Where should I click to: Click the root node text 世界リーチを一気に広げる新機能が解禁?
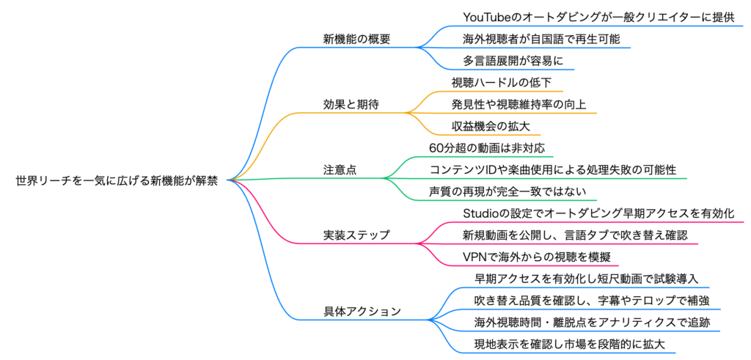[117, 180]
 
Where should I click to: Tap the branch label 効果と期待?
[351, 103]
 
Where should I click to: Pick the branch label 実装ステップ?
[356, 235]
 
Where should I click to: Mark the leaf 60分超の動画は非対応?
[486, 147]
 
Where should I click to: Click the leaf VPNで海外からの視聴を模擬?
[536, 257]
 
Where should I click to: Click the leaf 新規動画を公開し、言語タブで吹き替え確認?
[575, 235]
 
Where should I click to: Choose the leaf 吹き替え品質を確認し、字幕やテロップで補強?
[591, 301]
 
